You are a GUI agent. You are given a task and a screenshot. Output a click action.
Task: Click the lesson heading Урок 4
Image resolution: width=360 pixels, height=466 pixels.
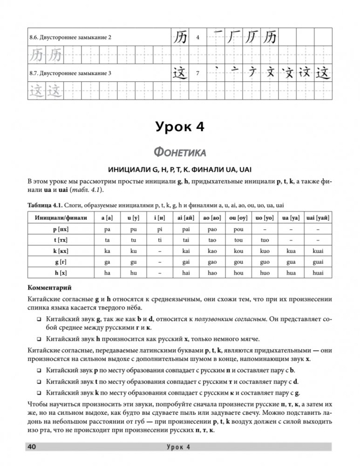[x=180, y=126]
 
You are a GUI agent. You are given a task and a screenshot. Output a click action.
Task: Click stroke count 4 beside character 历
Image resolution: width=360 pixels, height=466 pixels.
[x=198, y=37]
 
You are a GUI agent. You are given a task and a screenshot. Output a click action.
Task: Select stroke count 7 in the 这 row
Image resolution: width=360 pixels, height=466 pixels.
[x=198, y=73]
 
